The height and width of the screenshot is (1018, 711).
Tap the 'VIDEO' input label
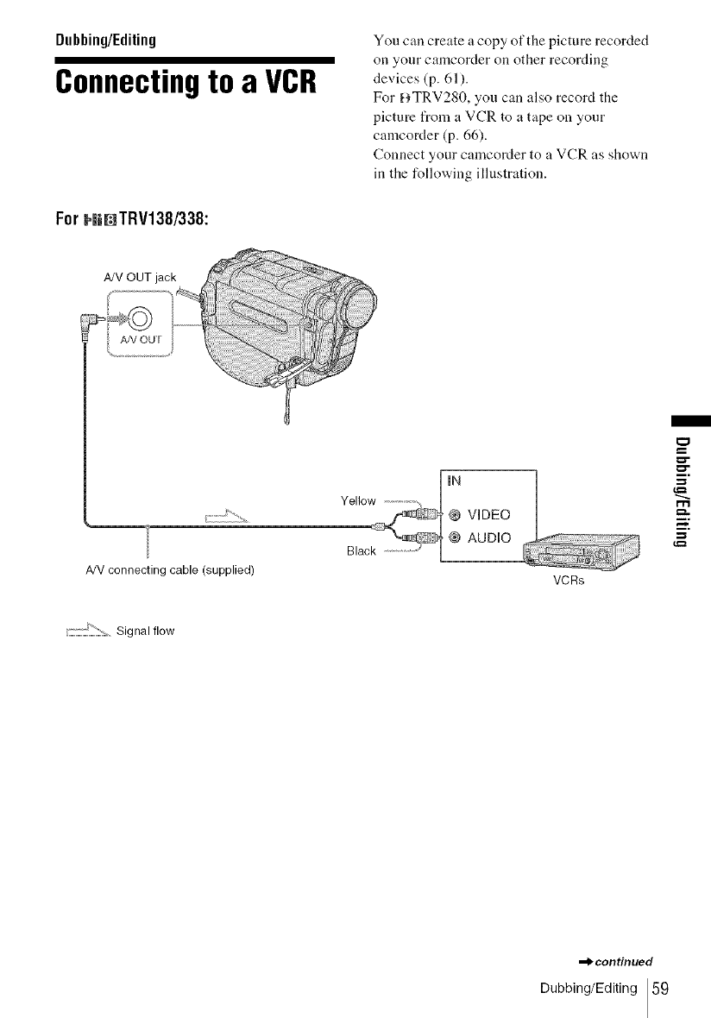[x=488, y=515]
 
